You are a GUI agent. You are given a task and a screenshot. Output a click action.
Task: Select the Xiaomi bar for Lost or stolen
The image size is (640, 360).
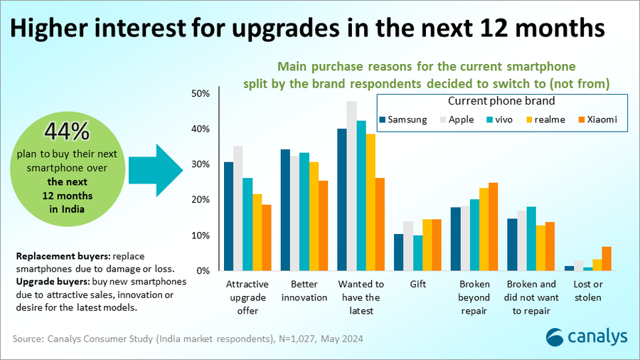click(x=606, y=259)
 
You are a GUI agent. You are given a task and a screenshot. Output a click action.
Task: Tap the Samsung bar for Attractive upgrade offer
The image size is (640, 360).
click(x=228, y=216)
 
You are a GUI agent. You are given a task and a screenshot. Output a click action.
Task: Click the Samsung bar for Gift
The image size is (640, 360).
click(x=399, y=253)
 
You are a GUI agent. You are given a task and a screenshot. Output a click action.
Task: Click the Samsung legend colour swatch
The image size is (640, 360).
click(x=383, y=120)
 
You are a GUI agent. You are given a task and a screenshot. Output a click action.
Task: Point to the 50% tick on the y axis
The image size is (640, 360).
click(x=201, y=93)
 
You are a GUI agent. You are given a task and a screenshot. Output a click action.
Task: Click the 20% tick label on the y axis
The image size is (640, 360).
click(x=201, y=200)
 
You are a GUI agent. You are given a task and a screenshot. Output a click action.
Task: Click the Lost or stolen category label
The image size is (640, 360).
click(x=588, y=291)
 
